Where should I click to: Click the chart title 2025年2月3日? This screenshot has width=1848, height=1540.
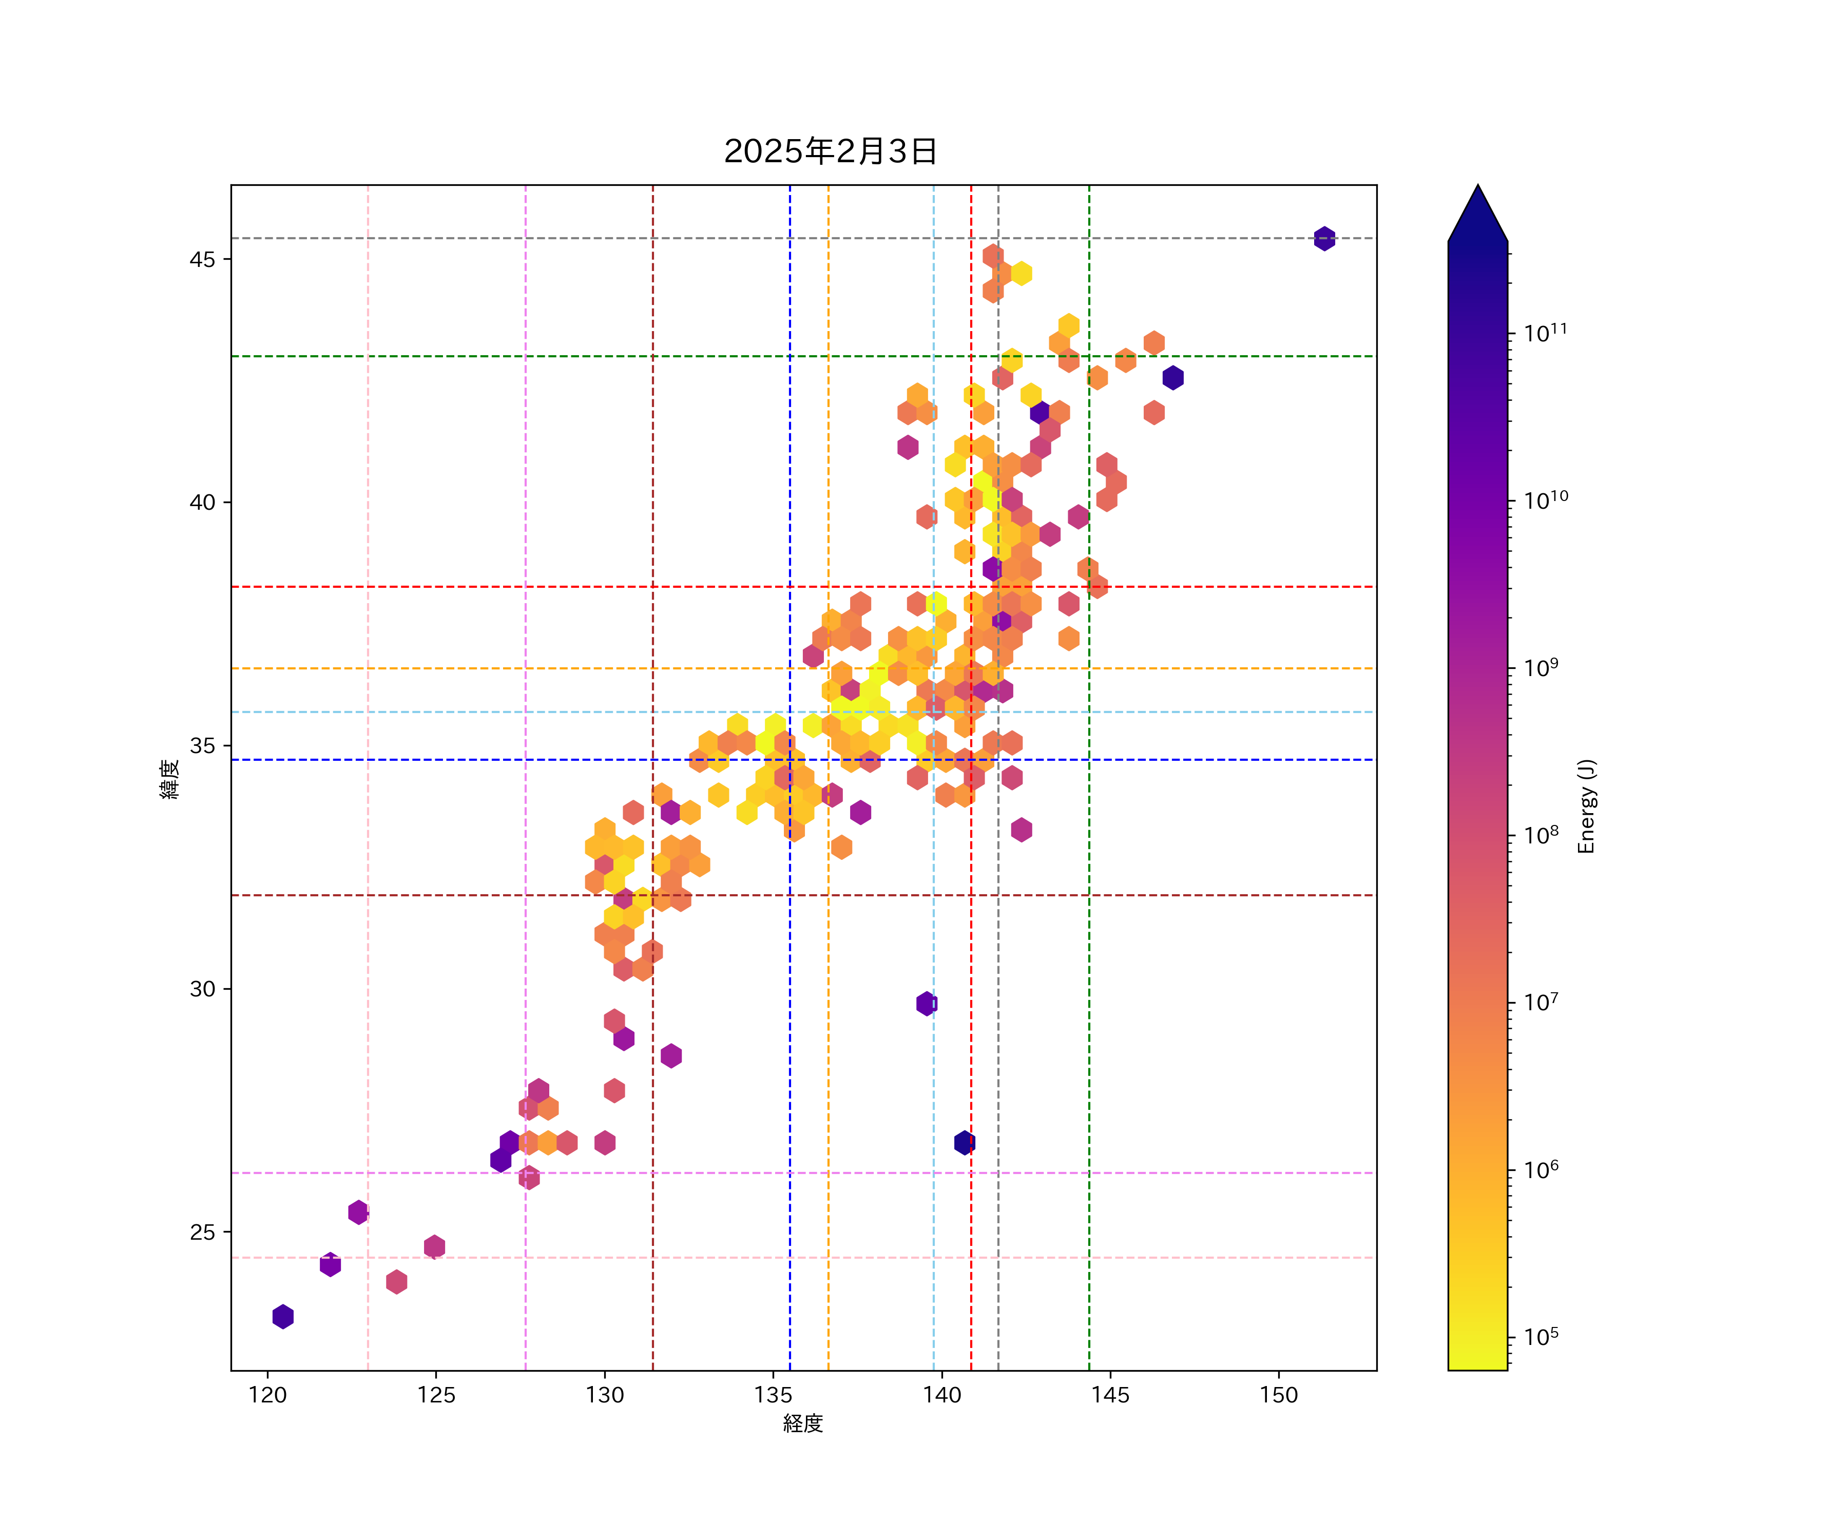830,151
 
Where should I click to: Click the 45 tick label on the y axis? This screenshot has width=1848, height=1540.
202,260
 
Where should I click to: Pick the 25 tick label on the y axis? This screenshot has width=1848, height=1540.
202,1232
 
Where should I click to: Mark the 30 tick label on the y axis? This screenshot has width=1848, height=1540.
202,989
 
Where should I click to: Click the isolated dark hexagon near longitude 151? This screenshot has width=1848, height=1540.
1324,239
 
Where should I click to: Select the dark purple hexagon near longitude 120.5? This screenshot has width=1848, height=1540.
282,1317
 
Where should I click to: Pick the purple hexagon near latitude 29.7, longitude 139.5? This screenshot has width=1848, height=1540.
926,1003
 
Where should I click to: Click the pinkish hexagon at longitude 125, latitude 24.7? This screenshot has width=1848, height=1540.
434,1247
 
